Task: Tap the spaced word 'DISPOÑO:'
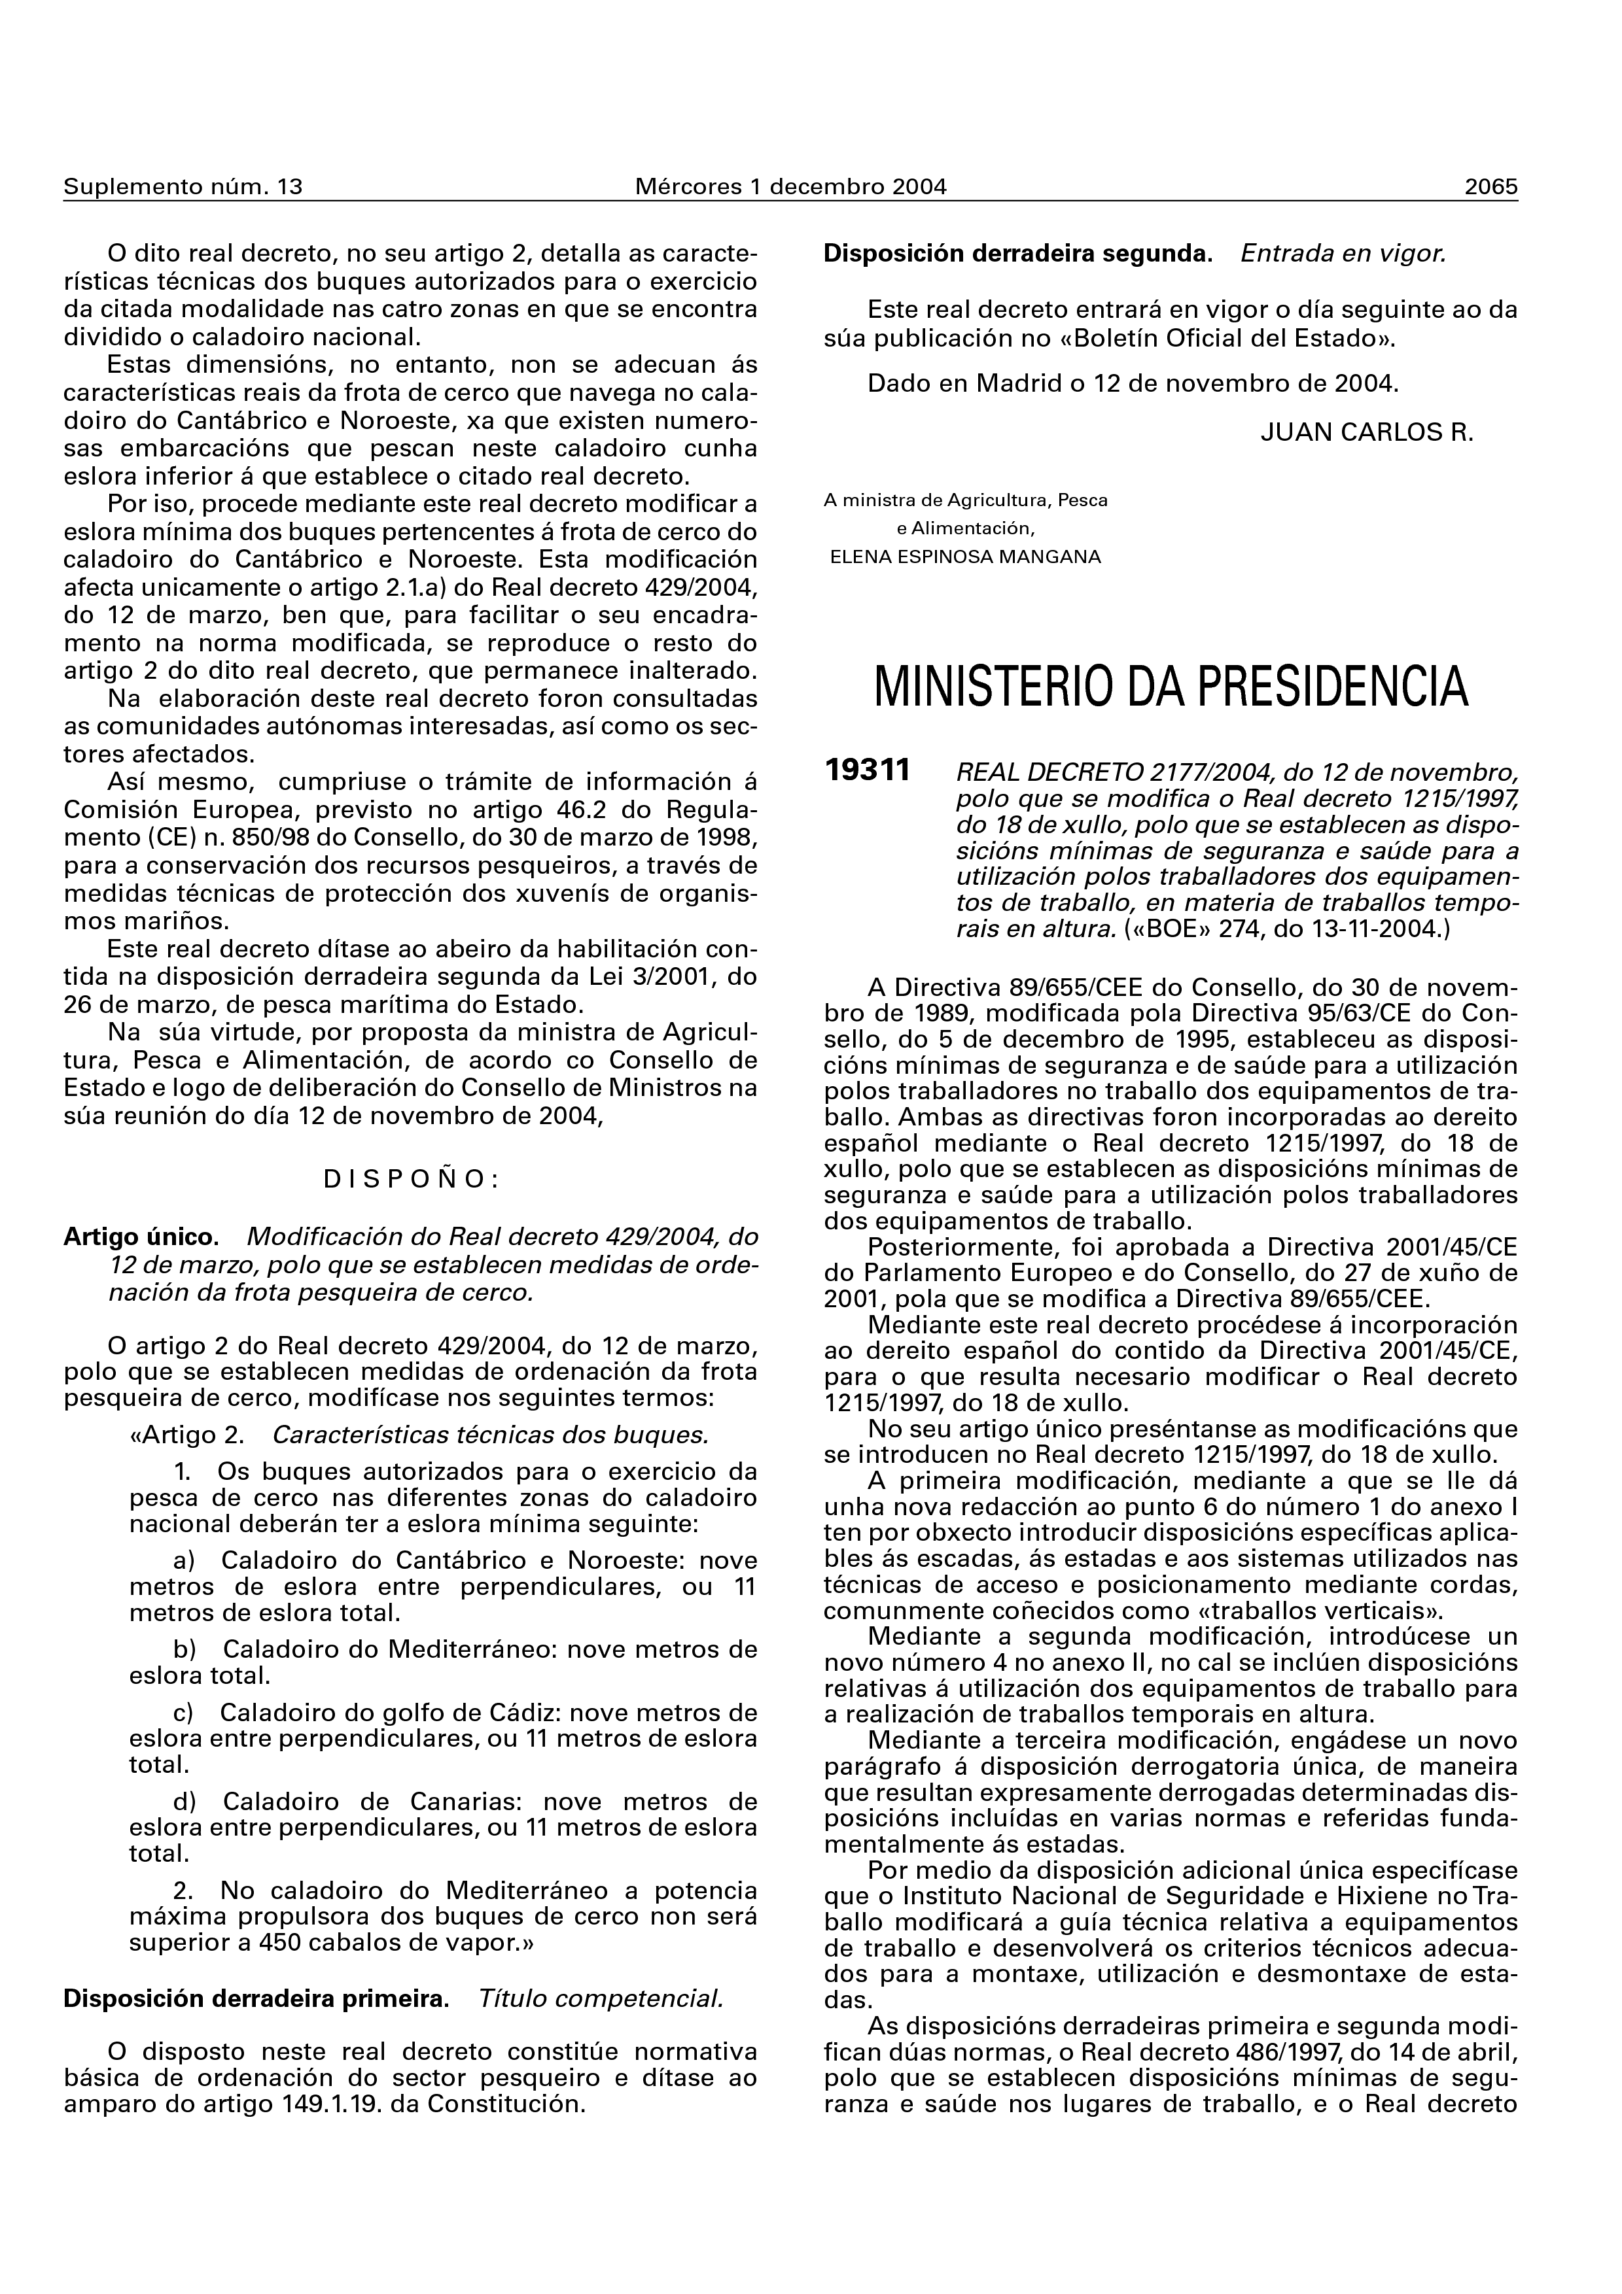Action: [411, 1180]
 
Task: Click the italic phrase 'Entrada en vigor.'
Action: [1343, 254]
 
